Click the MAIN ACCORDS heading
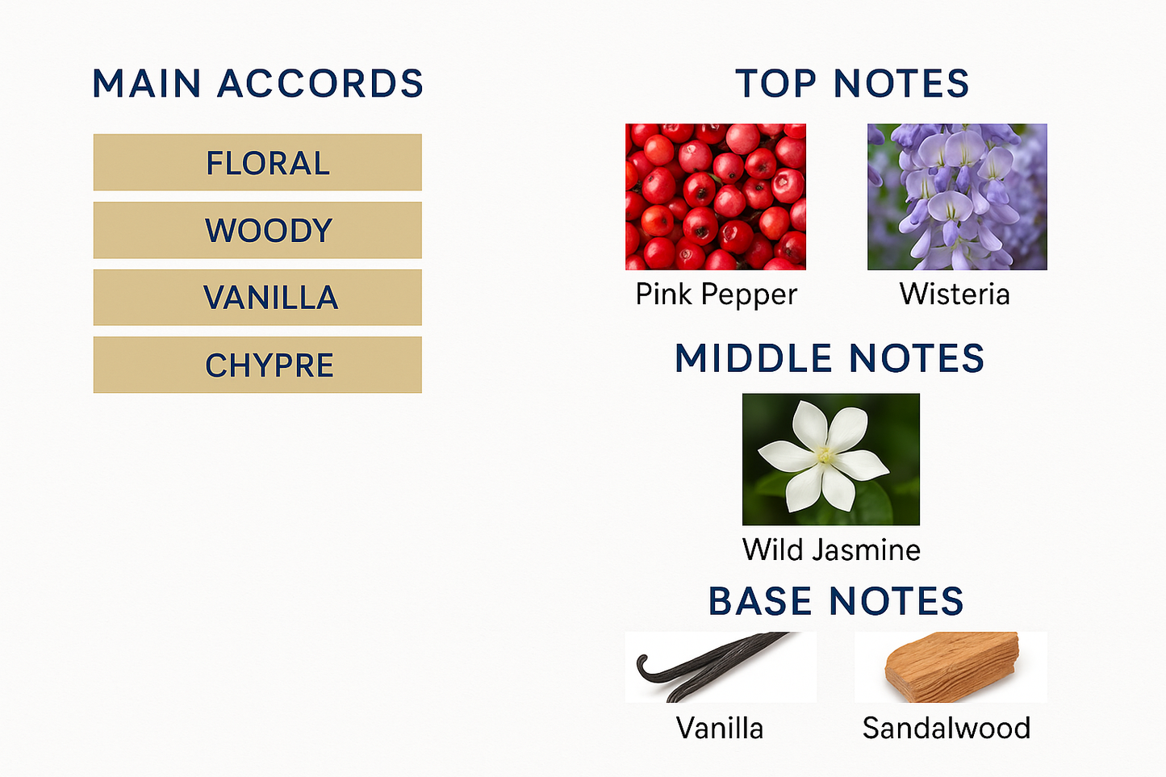pyautogui.click(x=257, y=83)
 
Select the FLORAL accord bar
pyautogui.click(x=257, y=162)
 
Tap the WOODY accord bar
pyautogui.click(x=257, y=230)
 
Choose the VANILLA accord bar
pyautogui.click(x=257, y=297)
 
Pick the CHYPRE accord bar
pyautogui.click(x=257, y=365)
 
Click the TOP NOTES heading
pyautogui.click(x=851, y=83)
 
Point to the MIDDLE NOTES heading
pyautogui.click(x=830, y=358)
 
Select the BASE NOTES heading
pyautogui.click(x=836, y=600)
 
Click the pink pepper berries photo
pyautogui.click(x=716, y=197)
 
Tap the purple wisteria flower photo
pyautogui.click(x=957, y=197)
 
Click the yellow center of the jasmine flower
pyautogui.click(x=824, y=455)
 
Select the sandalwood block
pyautogui.click(x=951, y=666)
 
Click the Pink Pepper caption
pyautogui.click(x=717, y=295)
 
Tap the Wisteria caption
pyautogui.click(x=955, y=294)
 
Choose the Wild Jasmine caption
pyautogui.click(x=831, y=549)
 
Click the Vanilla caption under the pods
pyautogui.click(x=720, y=728)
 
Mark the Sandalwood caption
pyautogui.click(x=947, y=728)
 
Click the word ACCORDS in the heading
pyautogui.click(x=320, y=83)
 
